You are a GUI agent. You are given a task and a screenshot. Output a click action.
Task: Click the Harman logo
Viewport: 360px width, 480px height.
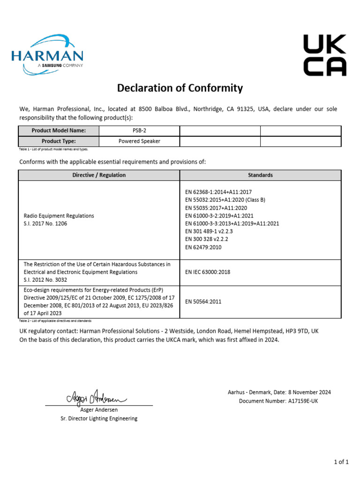tap(47, 54)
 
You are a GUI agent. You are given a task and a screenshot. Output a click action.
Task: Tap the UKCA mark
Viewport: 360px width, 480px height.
tap(325, 55)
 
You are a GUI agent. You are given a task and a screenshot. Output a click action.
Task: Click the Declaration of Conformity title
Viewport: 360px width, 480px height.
tap(180, 88)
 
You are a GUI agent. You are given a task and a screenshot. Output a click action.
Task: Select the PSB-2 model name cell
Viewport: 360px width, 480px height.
tap(139, 131)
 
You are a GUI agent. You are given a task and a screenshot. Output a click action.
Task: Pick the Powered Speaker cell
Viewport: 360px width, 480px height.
tap(139, 141)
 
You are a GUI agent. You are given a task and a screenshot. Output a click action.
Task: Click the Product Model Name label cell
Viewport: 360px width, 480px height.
tap(59, 131)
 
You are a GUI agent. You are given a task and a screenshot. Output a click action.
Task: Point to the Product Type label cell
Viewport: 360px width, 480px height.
tap(59, 141)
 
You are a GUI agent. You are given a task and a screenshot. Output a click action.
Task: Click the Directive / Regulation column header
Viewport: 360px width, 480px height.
tap(99, 175)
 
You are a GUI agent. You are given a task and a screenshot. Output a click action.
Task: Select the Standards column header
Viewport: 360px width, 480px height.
tap(260, 175)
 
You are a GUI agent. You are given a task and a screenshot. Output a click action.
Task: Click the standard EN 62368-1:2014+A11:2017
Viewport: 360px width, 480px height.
tap(218, 192)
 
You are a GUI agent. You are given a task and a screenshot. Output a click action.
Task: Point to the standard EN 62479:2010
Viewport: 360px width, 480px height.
tap(203, 247)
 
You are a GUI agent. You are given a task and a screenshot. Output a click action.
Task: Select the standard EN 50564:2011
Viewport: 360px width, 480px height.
tap(203, 301)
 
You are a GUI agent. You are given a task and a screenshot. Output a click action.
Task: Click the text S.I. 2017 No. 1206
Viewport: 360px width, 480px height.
tap(45, 224)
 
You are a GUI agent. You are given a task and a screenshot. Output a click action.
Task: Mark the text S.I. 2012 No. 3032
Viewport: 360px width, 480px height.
tap(45, 280)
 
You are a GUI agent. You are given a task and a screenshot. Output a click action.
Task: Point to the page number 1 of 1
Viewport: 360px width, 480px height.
tap(341, 462)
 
